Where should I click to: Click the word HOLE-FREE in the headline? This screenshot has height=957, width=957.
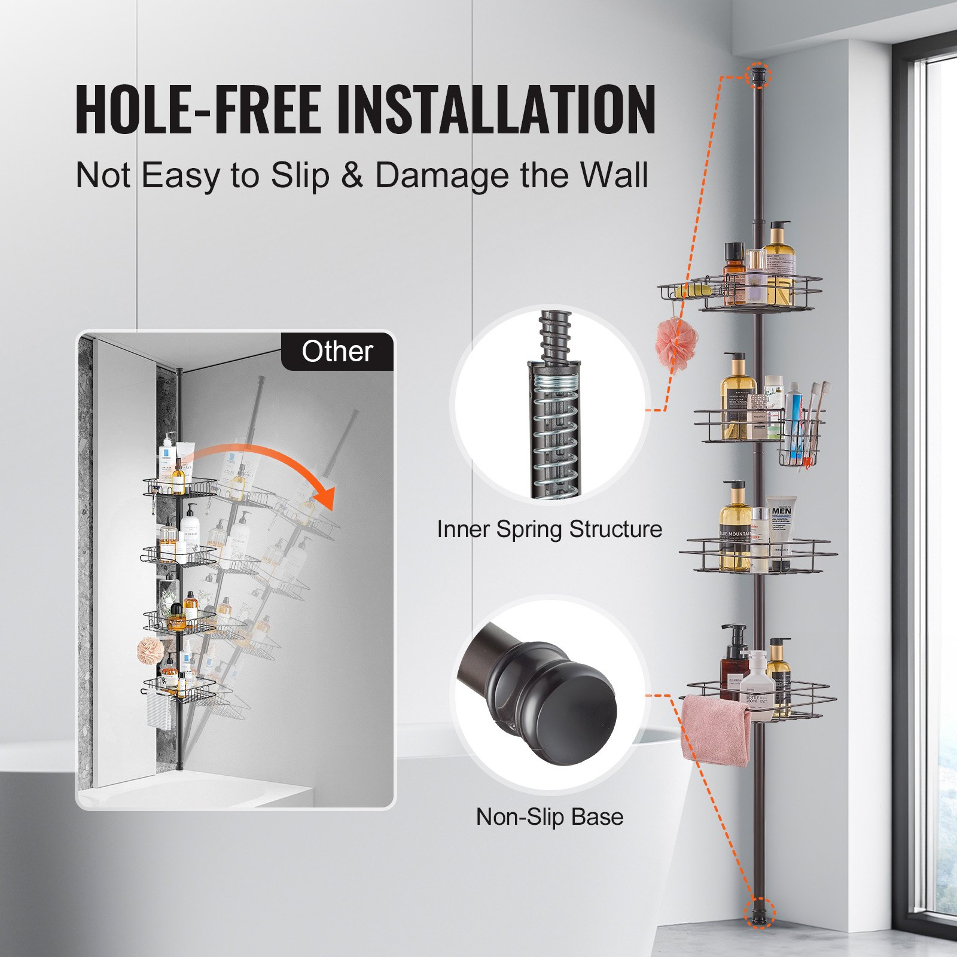197,109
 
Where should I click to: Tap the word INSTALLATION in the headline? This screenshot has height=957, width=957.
496,109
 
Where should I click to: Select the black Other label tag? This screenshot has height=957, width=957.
337,351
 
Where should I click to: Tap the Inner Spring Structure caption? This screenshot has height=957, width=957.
549,529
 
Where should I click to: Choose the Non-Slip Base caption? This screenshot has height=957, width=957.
549,817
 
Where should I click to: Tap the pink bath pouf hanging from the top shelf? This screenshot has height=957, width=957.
675,344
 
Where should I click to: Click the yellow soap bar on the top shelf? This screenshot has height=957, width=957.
694,290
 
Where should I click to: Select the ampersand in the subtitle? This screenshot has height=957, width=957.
352,176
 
